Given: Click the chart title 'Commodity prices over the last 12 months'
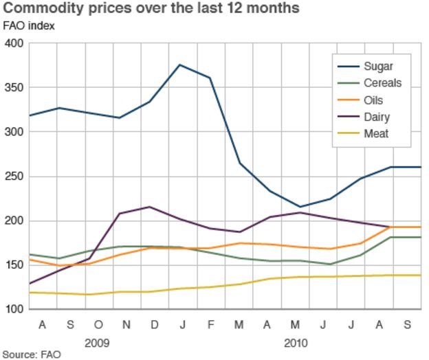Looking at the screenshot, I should point(152,9).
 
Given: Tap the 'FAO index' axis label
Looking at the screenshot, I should point(30,27).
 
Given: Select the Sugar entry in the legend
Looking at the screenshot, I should point(378,67).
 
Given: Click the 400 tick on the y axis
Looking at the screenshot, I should point(14,44).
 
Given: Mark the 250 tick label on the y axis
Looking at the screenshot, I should point(14,177).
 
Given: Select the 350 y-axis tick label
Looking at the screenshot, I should point(14,88).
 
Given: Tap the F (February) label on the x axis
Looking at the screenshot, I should point(210,324).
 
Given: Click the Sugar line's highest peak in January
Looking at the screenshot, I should point(180,65).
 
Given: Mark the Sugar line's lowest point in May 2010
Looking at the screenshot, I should point(300,207).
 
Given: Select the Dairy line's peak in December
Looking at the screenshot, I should point(150,207).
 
